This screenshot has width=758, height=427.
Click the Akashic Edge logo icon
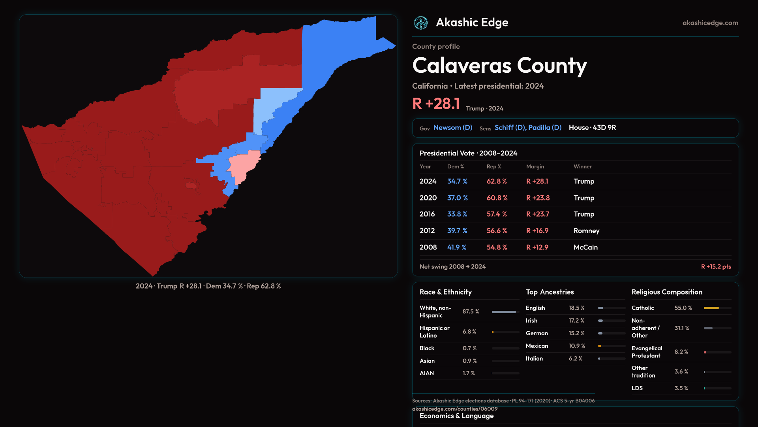(421, 23)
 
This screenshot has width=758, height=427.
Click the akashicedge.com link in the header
(710, 23)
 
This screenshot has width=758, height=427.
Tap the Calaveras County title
(499, 66)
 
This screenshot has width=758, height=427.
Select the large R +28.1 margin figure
(436, 104)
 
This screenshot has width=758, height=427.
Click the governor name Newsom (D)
(453, 128)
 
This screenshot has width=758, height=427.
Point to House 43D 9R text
(592, 128)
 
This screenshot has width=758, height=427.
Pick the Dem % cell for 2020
(457, 198)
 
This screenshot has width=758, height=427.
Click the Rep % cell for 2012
(497, 231)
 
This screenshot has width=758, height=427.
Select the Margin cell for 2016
(537, 214)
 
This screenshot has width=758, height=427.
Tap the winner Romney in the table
(586, 231)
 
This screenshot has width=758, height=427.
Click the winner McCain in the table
(585, 247)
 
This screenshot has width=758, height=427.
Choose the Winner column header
(582, 166)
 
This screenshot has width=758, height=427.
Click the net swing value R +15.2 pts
(716, 266)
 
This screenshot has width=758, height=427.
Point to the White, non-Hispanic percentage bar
(504, 312)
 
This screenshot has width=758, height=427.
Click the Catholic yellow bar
(711, 308)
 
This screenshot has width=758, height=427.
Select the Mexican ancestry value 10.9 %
(576, 346)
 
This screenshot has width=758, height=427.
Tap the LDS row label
(637, 388)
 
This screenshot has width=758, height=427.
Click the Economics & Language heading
(456, 416)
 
